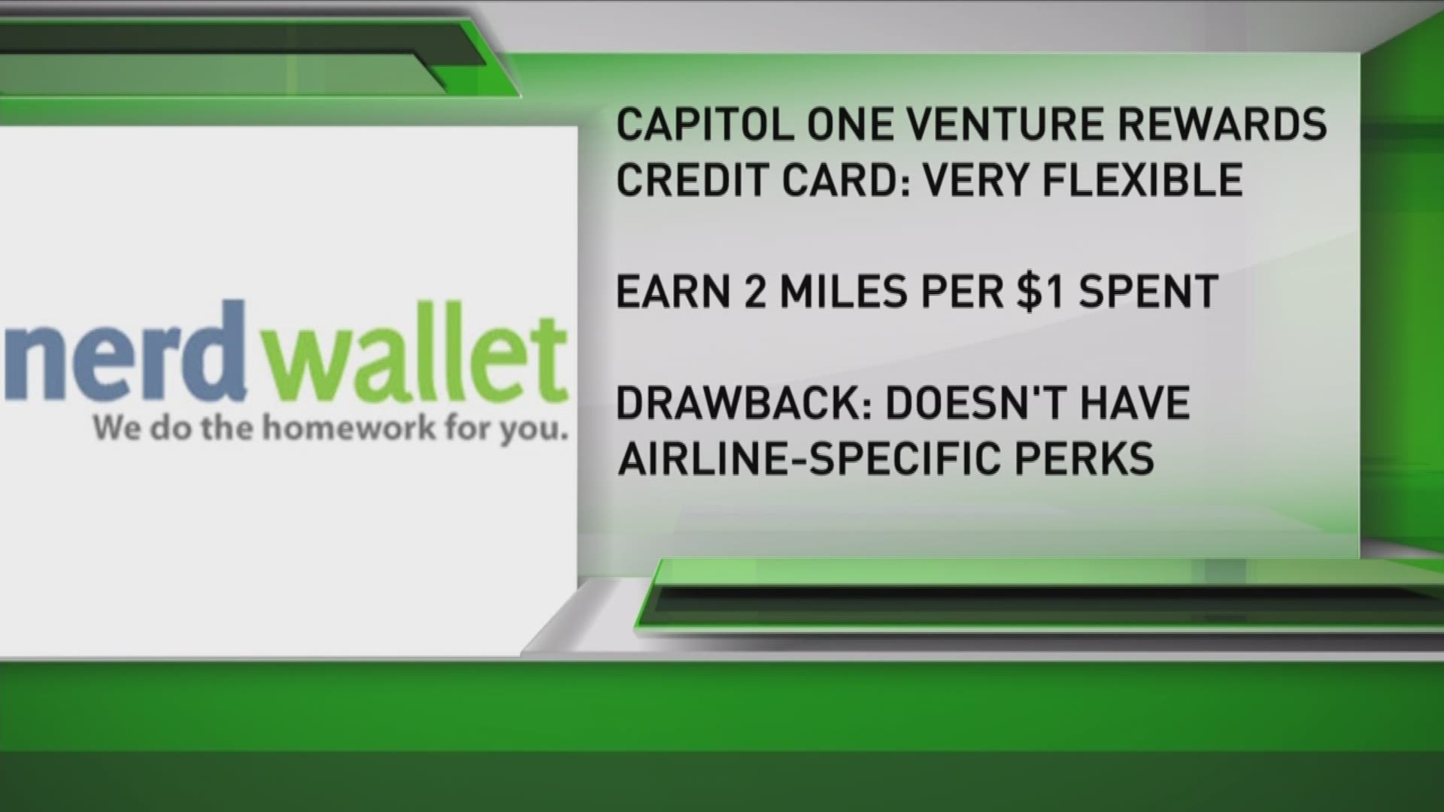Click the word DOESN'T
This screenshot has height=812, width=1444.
pos(975,403)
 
